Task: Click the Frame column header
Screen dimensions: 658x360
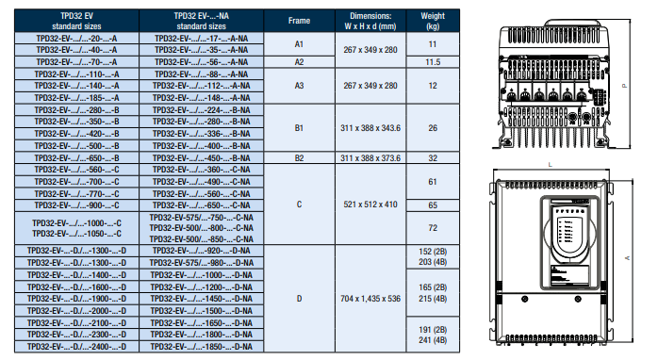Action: (x=299, y=21)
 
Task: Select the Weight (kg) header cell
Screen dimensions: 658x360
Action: (x=433, y=21)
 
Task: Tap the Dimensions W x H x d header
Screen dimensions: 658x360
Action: (x=370, y=21)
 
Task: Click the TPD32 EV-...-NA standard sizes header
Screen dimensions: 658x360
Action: (x=201, y=21)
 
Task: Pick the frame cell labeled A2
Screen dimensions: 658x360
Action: (x=299, y=62)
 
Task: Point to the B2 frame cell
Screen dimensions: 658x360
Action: (x=299, y=158)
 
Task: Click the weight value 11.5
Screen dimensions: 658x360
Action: (x=433, y=62)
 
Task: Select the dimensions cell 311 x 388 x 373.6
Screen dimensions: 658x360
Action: (x=370, y=158)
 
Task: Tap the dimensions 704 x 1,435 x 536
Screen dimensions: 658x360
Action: (x=370, y=299)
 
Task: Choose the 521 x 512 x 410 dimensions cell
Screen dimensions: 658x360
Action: (x=370, y=205)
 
